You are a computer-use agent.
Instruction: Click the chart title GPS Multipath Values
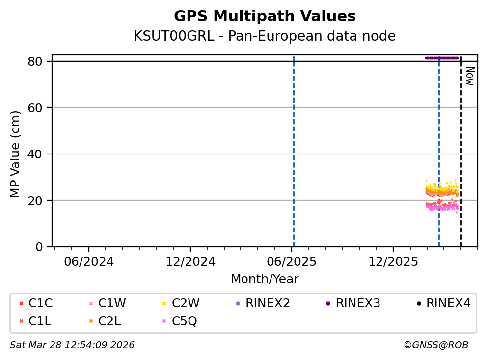[265, 16]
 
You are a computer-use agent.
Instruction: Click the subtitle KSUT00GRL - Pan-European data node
[265, 36]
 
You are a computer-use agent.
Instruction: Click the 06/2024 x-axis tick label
[89, 261]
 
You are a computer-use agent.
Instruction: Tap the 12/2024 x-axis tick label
[190, 261]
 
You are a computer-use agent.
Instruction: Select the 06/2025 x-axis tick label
[292, 261]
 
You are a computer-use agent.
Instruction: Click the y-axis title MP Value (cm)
[16, 154]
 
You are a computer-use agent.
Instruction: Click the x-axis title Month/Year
[265, 279]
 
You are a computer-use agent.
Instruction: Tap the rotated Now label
[469, 76]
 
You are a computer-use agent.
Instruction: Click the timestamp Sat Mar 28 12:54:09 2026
[72, 345]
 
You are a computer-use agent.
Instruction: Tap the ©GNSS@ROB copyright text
[436, 345]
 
